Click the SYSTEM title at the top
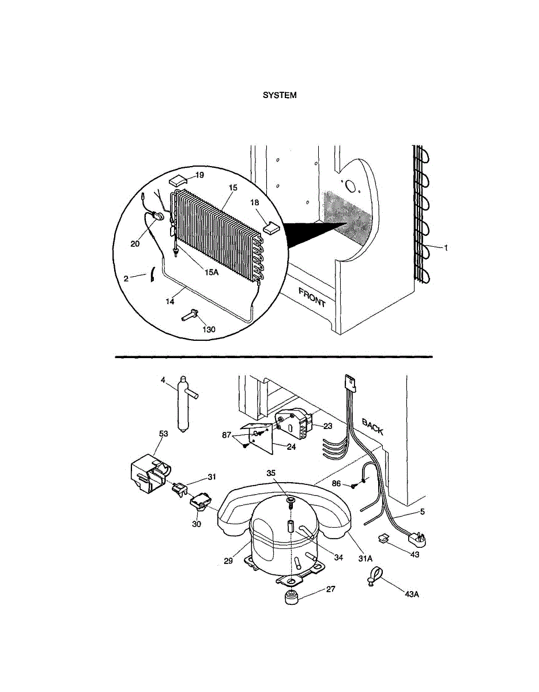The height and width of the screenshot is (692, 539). click(x=280, y=95)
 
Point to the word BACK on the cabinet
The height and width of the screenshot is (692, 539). click(x=372, y=426)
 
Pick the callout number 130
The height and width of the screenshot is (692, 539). click(x=208, y=329)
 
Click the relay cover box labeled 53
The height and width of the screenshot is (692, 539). click(x=147, y=475)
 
